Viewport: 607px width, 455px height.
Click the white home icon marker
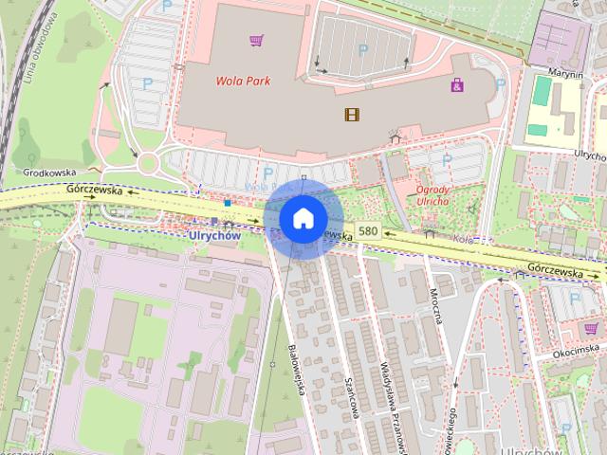pos(303,218)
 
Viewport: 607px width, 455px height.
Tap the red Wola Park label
pos(242,81)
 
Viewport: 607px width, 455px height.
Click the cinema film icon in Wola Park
pos(353,115)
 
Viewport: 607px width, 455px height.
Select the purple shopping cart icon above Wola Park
pos(255,40)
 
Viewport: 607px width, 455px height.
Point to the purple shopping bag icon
pos(457,86)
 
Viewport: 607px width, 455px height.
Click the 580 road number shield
pos(369,231)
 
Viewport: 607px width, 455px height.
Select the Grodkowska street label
pos(49,173)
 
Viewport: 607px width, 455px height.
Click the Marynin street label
pos(563,72)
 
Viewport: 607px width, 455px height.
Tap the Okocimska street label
pos(577,353)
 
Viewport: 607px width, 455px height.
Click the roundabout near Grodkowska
pos(148,164)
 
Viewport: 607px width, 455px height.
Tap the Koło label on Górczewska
pos(462,239)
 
